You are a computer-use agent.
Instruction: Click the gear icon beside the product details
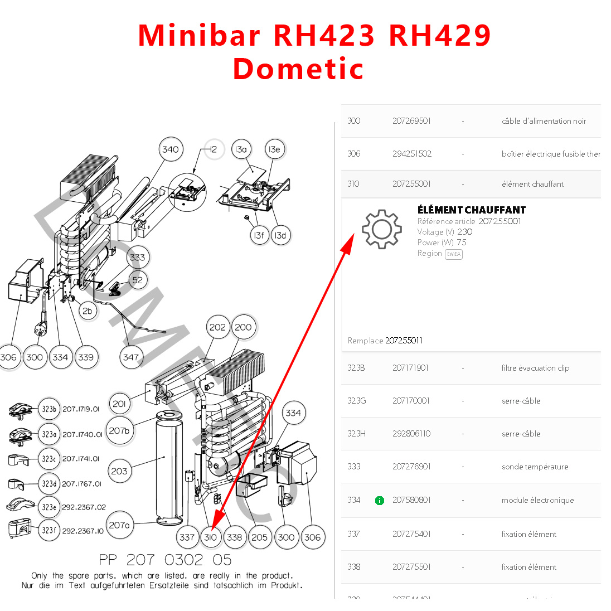(x=381, y=229)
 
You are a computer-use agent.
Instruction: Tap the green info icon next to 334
(x=380, y=501)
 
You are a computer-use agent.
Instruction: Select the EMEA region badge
(x=454, y=254)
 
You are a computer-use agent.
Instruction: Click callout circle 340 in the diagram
(x=170, y=149)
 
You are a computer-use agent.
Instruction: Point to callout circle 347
(x=131, y=357)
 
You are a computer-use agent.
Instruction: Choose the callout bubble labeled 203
(x=119, y=471)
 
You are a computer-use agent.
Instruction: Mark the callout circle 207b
(x=119, y=430)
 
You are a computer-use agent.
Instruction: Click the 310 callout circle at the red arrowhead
(x=210, y=537)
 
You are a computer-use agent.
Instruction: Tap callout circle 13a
(x=240, y=149)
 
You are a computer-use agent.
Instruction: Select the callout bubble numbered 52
(x=138, y=280)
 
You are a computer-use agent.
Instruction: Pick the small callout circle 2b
(x=87, y=311)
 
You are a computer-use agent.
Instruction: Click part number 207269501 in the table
(x=411, y=121)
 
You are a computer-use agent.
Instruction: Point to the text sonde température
(x=535, y=467)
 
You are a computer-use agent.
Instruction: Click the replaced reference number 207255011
(x=404, y=341)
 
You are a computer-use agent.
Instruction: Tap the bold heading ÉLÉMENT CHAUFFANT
(x=472, y=210)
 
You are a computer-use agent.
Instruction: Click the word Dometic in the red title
(x=298, y=69)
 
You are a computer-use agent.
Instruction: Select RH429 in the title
(x=440, y=35)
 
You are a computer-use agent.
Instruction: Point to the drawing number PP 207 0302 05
(x=165, y=560)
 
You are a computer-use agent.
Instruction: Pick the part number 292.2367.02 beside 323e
(x=84, y=507)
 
